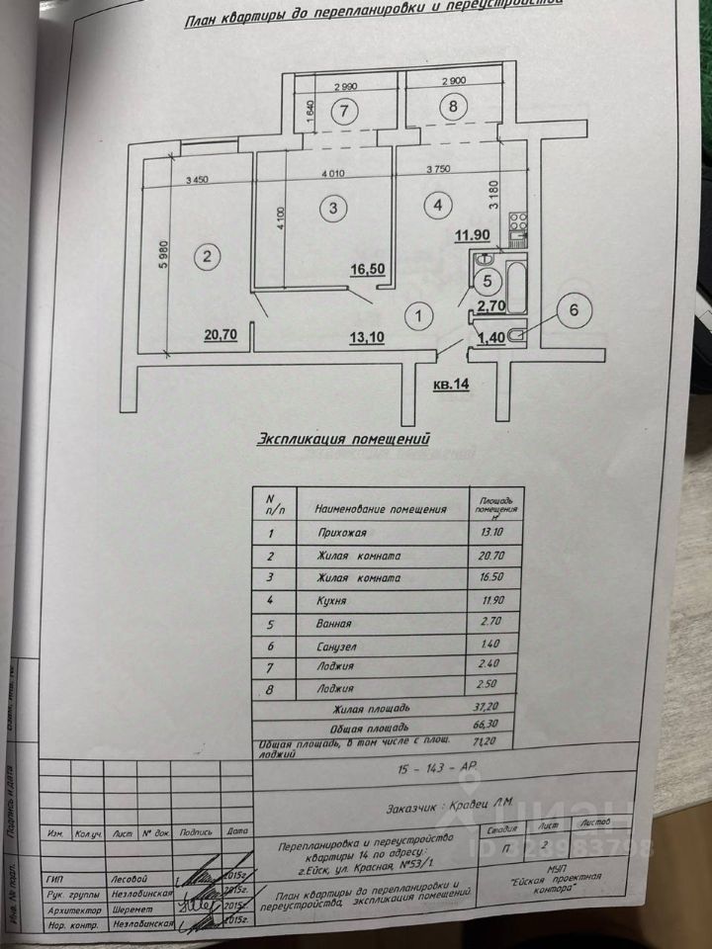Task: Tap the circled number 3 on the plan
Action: pyautogui.click(x=334, y=208)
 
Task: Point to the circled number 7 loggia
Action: pyautogui.click(x=343, y=110)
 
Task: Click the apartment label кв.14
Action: pyautogui.click(x=450, y=386)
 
